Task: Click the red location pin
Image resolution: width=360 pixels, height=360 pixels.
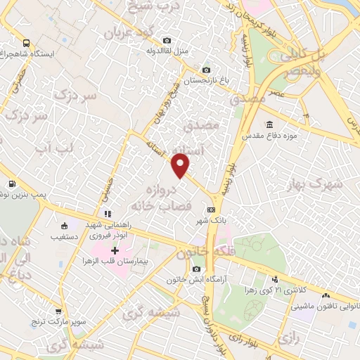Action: coord(181,167)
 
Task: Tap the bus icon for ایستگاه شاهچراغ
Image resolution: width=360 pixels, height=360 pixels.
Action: coord(26,42)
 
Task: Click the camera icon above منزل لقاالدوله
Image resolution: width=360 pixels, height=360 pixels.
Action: coord(166,40)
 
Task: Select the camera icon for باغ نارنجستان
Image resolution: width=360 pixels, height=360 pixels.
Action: coord(206,70)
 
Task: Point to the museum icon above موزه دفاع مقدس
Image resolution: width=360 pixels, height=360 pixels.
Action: coord(250,124)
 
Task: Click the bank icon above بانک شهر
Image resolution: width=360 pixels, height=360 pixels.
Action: coord(211,210)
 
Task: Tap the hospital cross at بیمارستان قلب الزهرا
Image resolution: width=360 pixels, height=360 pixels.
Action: coord(115,250)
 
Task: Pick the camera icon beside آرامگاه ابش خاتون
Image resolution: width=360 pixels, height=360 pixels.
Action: coord(196,269)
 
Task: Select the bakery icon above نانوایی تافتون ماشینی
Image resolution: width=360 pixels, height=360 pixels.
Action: coord(332,295)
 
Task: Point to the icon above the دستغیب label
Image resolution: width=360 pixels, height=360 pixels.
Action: coord(65,226)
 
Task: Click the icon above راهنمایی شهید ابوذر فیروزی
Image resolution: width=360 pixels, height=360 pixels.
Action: coord(107,214)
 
